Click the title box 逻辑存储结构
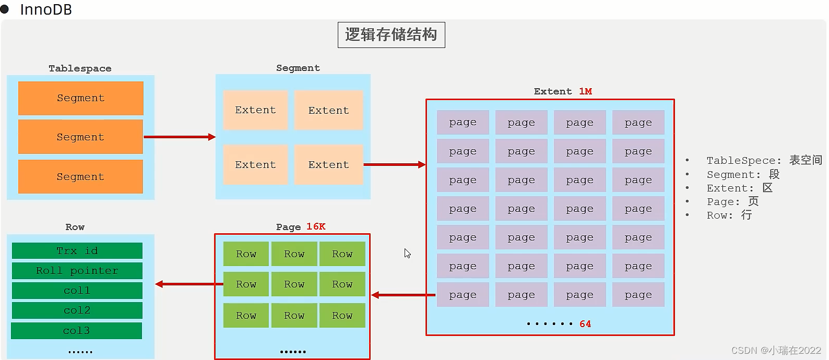click(x=391, y=35)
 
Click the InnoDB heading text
click(x=46, y=9)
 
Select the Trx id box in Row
click(x=77, y=251)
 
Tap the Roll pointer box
click(x=77, y=271)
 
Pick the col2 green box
click(x=77, y=310)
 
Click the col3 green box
click(x=77, y=331)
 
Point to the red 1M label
click(x=585, y=91)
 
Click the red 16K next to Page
click(x=316, y=226)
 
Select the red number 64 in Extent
click(x=585, y=324)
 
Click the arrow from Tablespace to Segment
click(x=180, y=137)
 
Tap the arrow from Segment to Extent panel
click(x=394, y=164)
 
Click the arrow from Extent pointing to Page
click(x=404, y=295)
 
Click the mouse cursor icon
click(x=407, y=253)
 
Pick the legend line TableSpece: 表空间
click(x=764, y=160)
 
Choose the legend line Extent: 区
click(x=739, y=188)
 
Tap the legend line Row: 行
click(x=729, y=215)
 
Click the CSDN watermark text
click(x=776, y=350)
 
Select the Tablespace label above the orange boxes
click(x=80, y=68)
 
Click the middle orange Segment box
click(x=80, y=137)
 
